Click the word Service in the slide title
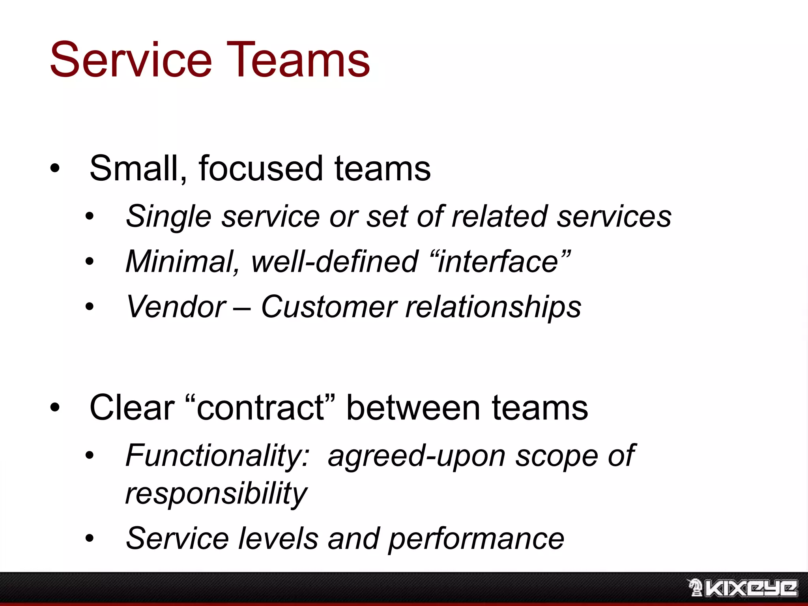131,60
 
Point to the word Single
168,217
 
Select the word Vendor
176,307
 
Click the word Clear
132,408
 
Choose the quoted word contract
260,408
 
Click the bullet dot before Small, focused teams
55,169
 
